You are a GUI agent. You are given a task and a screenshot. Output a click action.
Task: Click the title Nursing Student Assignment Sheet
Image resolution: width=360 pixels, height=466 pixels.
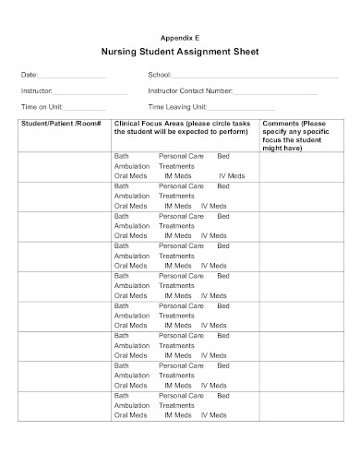180,52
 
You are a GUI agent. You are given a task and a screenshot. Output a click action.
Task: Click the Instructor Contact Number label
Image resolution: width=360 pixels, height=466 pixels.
189,92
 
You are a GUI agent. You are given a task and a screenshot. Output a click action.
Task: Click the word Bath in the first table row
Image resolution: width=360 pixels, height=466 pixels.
122,157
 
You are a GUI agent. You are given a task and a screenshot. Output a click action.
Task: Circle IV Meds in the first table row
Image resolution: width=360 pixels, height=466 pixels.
232,176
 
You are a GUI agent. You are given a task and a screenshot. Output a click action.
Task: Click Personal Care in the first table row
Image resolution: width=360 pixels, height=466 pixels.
181,157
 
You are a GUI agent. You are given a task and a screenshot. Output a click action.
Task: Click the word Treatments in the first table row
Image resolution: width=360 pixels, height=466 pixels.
176,166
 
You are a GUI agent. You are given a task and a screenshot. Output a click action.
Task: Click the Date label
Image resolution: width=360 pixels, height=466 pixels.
30,75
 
